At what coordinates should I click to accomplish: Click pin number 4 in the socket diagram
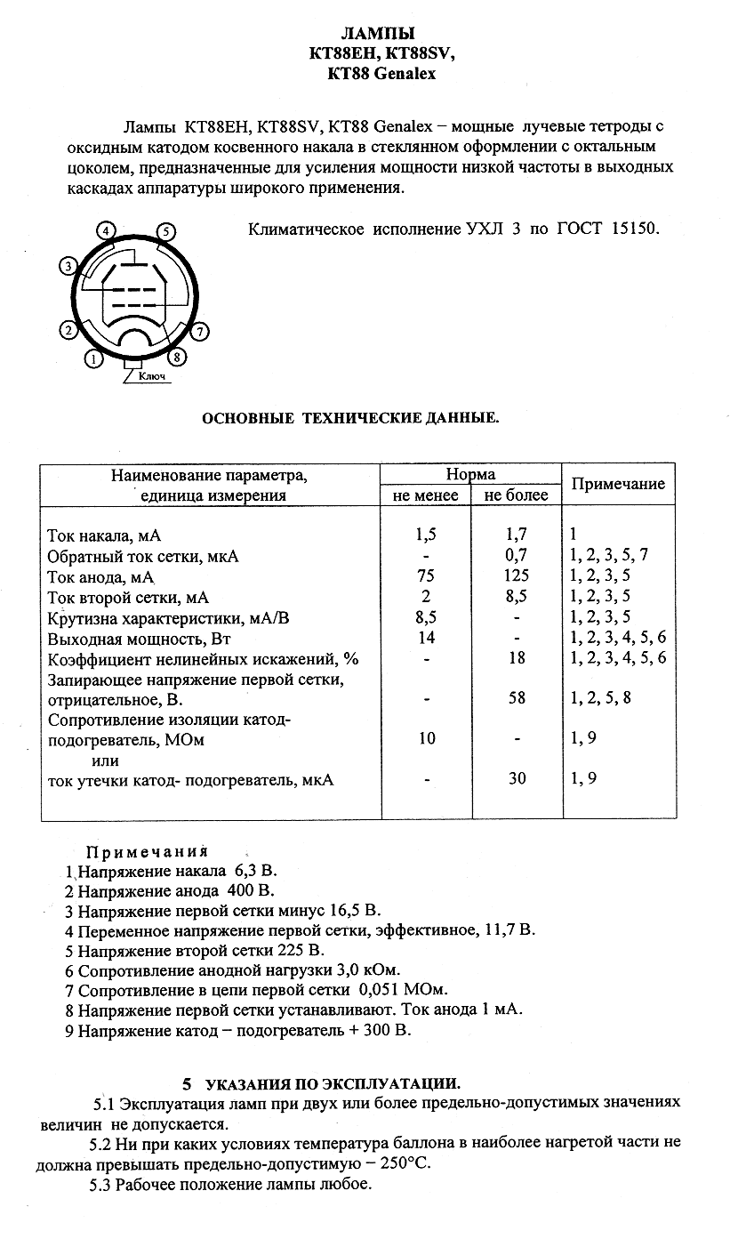(107, 231)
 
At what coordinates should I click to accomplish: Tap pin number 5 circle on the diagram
(165, 232)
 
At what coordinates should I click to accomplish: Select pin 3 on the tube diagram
(67, 265)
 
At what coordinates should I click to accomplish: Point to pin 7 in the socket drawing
(201, 332)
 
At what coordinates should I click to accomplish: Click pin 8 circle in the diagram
(178, 358)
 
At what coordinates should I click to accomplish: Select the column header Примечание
(618, 484)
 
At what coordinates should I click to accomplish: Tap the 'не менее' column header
(425, 495)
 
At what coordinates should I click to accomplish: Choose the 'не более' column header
(516, 495)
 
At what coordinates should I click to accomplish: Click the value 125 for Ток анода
(516, 575)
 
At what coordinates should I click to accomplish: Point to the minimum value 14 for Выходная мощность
(427, 637)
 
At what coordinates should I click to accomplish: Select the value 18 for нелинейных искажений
(517, 658)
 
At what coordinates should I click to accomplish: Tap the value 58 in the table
(517, 698)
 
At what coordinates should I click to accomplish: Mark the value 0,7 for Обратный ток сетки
(517, 556)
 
